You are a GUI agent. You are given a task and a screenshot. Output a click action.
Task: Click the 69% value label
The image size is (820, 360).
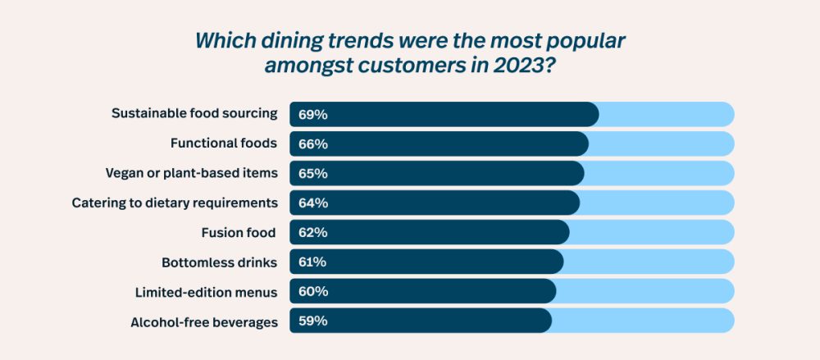click(313, 114)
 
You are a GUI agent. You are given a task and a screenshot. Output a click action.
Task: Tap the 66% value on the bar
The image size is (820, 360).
click(313, 144)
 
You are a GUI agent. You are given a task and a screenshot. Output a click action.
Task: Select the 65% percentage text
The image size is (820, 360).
click(313, 173)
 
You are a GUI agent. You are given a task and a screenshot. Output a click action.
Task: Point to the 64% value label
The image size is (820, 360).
click(313, 203)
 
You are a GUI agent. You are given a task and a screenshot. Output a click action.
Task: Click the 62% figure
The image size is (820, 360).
click(313, 232)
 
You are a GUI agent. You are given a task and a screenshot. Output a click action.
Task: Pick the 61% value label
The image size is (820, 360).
click(313, 262)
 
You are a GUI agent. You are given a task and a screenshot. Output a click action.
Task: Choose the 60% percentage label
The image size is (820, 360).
click(313, 291)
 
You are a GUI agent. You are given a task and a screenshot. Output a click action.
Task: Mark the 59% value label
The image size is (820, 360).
click(313, 321)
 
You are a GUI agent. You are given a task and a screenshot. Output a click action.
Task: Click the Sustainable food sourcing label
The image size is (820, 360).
click(194, 113)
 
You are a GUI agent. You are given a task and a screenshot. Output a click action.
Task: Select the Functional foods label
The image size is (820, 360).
click(224, 143)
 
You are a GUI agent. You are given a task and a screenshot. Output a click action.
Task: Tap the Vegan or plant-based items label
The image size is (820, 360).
click(192, 172)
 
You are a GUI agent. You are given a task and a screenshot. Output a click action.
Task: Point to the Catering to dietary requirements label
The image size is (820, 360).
click(175, 202)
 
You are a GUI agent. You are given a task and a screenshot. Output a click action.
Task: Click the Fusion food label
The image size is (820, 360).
click(239, 232)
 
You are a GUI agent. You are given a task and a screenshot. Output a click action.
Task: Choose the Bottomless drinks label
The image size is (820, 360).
click(220, 262)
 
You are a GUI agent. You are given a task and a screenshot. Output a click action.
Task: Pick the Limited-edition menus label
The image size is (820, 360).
click(206, 291)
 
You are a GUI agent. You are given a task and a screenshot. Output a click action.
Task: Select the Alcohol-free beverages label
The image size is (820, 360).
click(204, 321)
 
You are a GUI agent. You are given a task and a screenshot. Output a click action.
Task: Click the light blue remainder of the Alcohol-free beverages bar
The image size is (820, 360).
click(642, 321)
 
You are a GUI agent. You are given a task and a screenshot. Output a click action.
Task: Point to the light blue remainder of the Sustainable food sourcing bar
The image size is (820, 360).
click(666, 114)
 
